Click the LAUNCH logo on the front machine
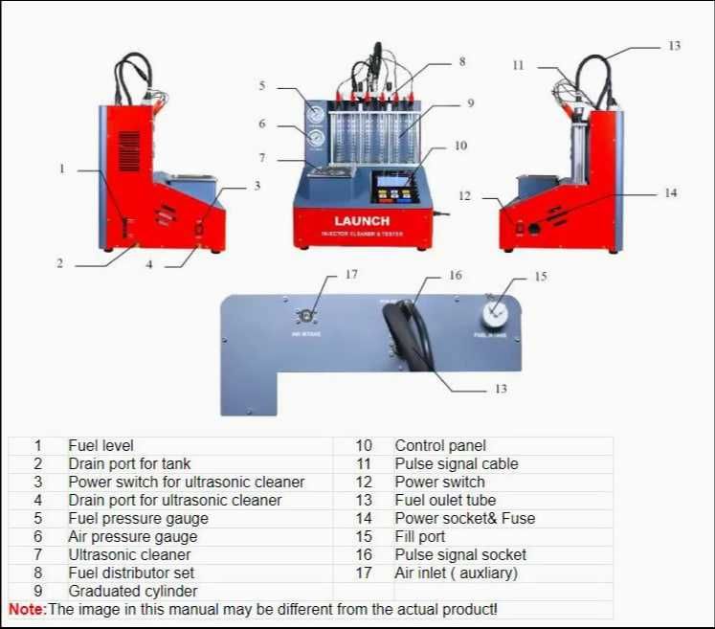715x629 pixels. (x=361, y=221)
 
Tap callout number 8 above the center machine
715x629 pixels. (x=461, y=61)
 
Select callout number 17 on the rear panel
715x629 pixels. (x=351, y=275)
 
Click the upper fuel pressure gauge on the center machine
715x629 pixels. (x=316, y=115)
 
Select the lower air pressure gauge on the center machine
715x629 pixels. (x=316, y=139)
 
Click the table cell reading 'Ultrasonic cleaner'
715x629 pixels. (x=129, y=554)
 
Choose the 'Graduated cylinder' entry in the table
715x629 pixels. (x=132, y=591)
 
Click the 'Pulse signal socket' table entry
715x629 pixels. (x=460, y=554)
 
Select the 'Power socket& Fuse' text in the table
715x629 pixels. (x=465, y=518)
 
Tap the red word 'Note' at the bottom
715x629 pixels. (x=26, y=609)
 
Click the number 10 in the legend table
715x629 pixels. (x=364, y=445)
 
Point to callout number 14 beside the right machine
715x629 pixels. (x=670, y=193)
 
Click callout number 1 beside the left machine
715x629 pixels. (x=62, y=169)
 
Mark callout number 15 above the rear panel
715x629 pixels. (x=541, y=277)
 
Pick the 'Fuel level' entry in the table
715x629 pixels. (x=101, y=445)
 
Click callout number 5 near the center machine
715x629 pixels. (x=261, y=86)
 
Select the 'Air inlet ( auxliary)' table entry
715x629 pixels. (x=456, y=573)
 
